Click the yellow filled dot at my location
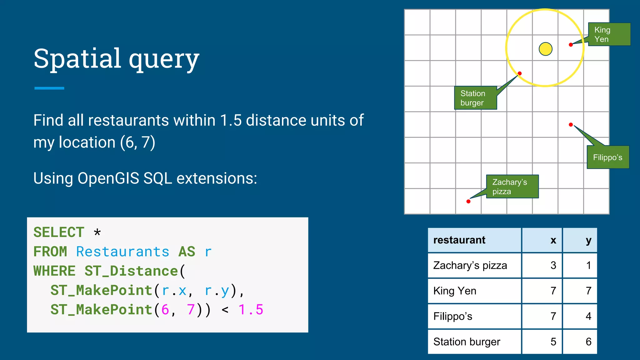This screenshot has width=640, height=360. (545, 49)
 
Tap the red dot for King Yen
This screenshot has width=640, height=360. (571, 45)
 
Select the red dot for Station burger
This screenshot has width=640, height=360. (519, 73)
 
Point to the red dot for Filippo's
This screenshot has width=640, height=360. (571, 125)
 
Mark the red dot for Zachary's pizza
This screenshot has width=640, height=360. (468, 201)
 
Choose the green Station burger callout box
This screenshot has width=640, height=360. (475, 98)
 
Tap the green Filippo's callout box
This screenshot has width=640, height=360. (607, 157)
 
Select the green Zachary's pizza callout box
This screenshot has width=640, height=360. (512, 187)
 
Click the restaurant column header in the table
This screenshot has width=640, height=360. (459, 240)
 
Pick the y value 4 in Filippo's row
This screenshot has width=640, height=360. (588, 316)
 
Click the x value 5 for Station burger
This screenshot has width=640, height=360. (553, 342)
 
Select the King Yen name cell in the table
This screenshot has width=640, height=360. (455, 291)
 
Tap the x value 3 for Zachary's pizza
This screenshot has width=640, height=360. (553, 265)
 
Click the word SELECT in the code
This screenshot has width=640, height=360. (59, 232)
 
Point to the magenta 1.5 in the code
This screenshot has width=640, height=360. (251, 310)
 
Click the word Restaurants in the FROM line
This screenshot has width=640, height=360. (122, 252)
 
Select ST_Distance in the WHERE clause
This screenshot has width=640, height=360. (131, 271)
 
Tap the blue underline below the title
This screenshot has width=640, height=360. (49, 88)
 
